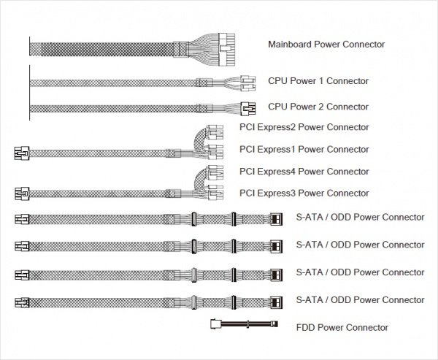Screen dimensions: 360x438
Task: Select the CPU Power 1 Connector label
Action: (x=318, y=81)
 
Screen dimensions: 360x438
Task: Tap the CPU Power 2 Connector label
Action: (x=318, y=107)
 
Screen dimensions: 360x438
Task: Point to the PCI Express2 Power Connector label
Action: (x=304, y=128)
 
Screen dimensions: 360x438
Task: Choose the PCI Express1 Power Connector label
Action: (x=304, y=150)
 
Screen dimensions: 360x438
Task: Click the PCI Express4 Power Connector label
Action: (x=304, y=172)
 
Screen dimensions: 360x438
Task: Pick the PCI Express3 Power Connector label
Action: (x=304, y=194)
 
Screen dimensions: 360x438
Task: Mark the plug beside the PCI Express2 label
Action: (x=215, y=133)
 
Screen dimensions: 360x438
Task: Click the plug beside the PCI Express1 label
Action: (x=215, y=152)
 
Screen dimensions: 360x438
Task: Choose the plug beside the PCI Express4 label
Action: (x=215, y=175)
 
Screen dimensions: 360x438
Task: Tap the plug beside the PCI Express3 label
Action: (x=215, y=194)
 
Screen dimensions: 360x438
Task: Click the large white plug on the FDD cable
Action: (x=215, y=326)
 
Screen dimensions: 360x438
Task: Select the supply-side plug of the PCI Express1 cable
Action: (x=20, y=153)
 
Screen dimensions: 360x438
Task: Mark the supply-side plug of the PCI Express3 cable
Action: (x=20, y=195)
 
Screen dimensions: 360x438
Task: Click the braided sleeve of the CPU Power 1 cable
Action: (x=109, y=83)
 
